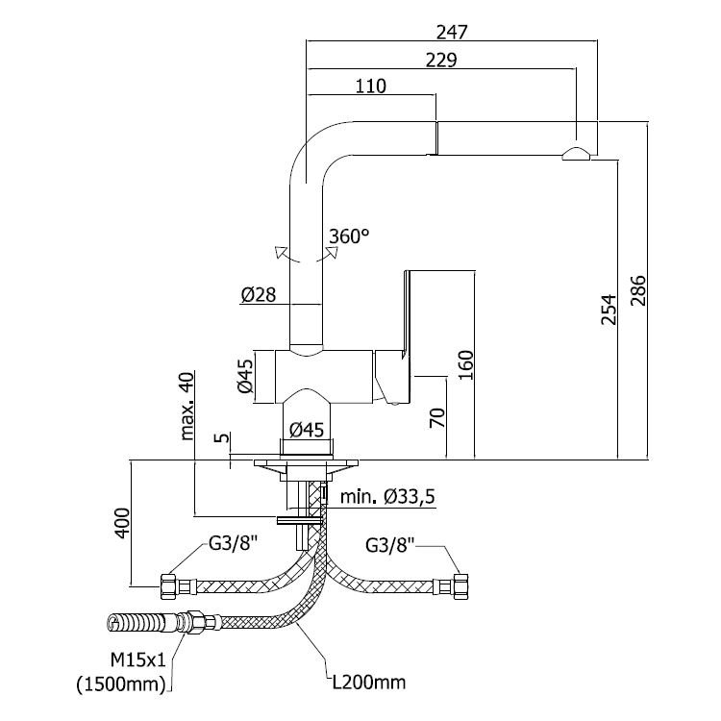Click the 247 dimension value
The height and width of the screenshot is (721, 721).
[452, 32]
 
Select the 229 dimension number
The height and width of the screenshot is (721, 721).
[441, 61]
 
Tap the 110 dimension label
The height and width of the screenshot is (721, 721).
[371, 86]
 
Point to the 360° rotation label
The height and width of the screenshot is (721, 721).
[349, 236]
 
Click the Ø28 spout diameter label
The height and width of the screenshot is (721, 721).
[258, 294]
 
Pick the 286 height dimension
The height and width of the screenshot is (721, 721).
[638, 290]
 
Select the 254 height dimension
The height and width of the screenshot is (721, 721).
[609, 310]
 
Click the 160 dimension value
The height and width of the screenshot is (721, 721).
[466, 365]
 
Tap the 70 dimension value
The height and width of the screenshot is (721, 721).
[437, 417]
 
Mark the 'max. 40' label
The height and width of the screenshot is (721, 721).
[187, 406]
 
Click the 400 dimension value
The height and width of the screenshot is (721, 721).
[122, 523]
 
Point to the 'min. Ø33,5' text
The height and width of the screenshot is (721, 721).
[387, 497]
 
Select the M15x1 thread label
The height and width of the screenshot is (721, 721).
[137, 660]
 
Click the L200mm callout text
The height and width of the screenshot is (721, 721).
[369, 683]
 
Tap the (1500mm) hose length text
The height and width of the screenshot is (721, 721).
[121, 684]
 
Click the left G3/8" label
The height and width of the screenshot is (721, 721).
[233, 543]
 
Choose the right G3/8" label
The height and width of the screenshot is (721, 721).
[390, 545]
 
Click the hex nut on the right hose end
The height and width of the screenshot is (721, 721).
[460, 586]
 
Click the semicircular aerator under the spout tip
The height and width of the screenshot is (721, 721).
[577, 154]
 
